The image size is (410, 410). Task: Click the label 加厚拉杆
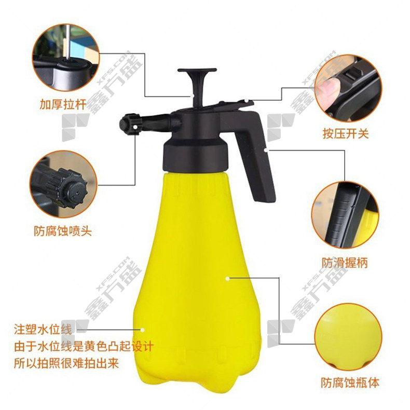[63, 105]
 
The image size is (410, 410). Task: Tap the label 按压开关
[346, 134]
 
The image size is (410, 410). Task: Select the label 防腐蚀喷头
[63, 231]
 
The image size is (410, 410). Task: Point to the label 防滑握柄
[345, 263]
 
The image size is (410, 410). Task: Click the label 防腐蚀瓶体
[350, 382]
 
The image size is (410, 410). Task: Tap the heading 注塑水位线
[43, 330]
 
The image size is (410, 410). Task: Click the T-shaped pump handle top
[197, 71]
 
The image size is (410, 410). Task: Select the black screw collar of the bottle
[196, 155]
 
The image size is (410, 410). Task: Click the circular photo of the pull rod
[66, 58]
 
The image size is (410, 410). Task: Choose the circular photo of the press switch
[348, 88]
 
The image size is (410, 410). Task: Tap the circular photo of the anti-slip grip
[345, 215]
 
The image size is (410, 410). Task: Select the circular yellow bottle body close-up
[348, 337]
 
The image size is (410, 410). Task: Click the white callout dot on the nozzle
[135, 127]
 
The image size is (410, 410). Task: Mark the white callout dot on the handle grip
[266, 150]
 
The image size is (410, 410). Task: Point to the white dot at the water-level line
[143, 330]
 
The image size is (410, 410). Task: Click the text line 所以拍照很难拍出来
[66, 363]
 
